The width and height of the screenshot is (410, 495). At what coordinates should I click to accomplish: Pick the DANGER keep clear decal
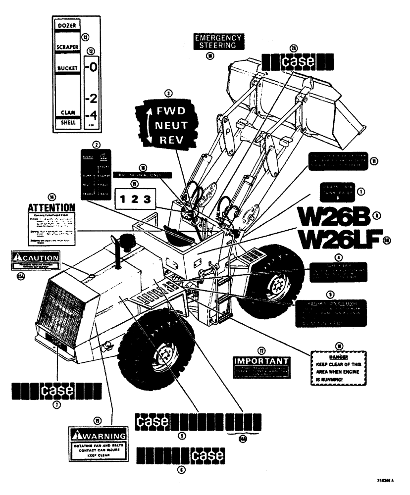(339, 369)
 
